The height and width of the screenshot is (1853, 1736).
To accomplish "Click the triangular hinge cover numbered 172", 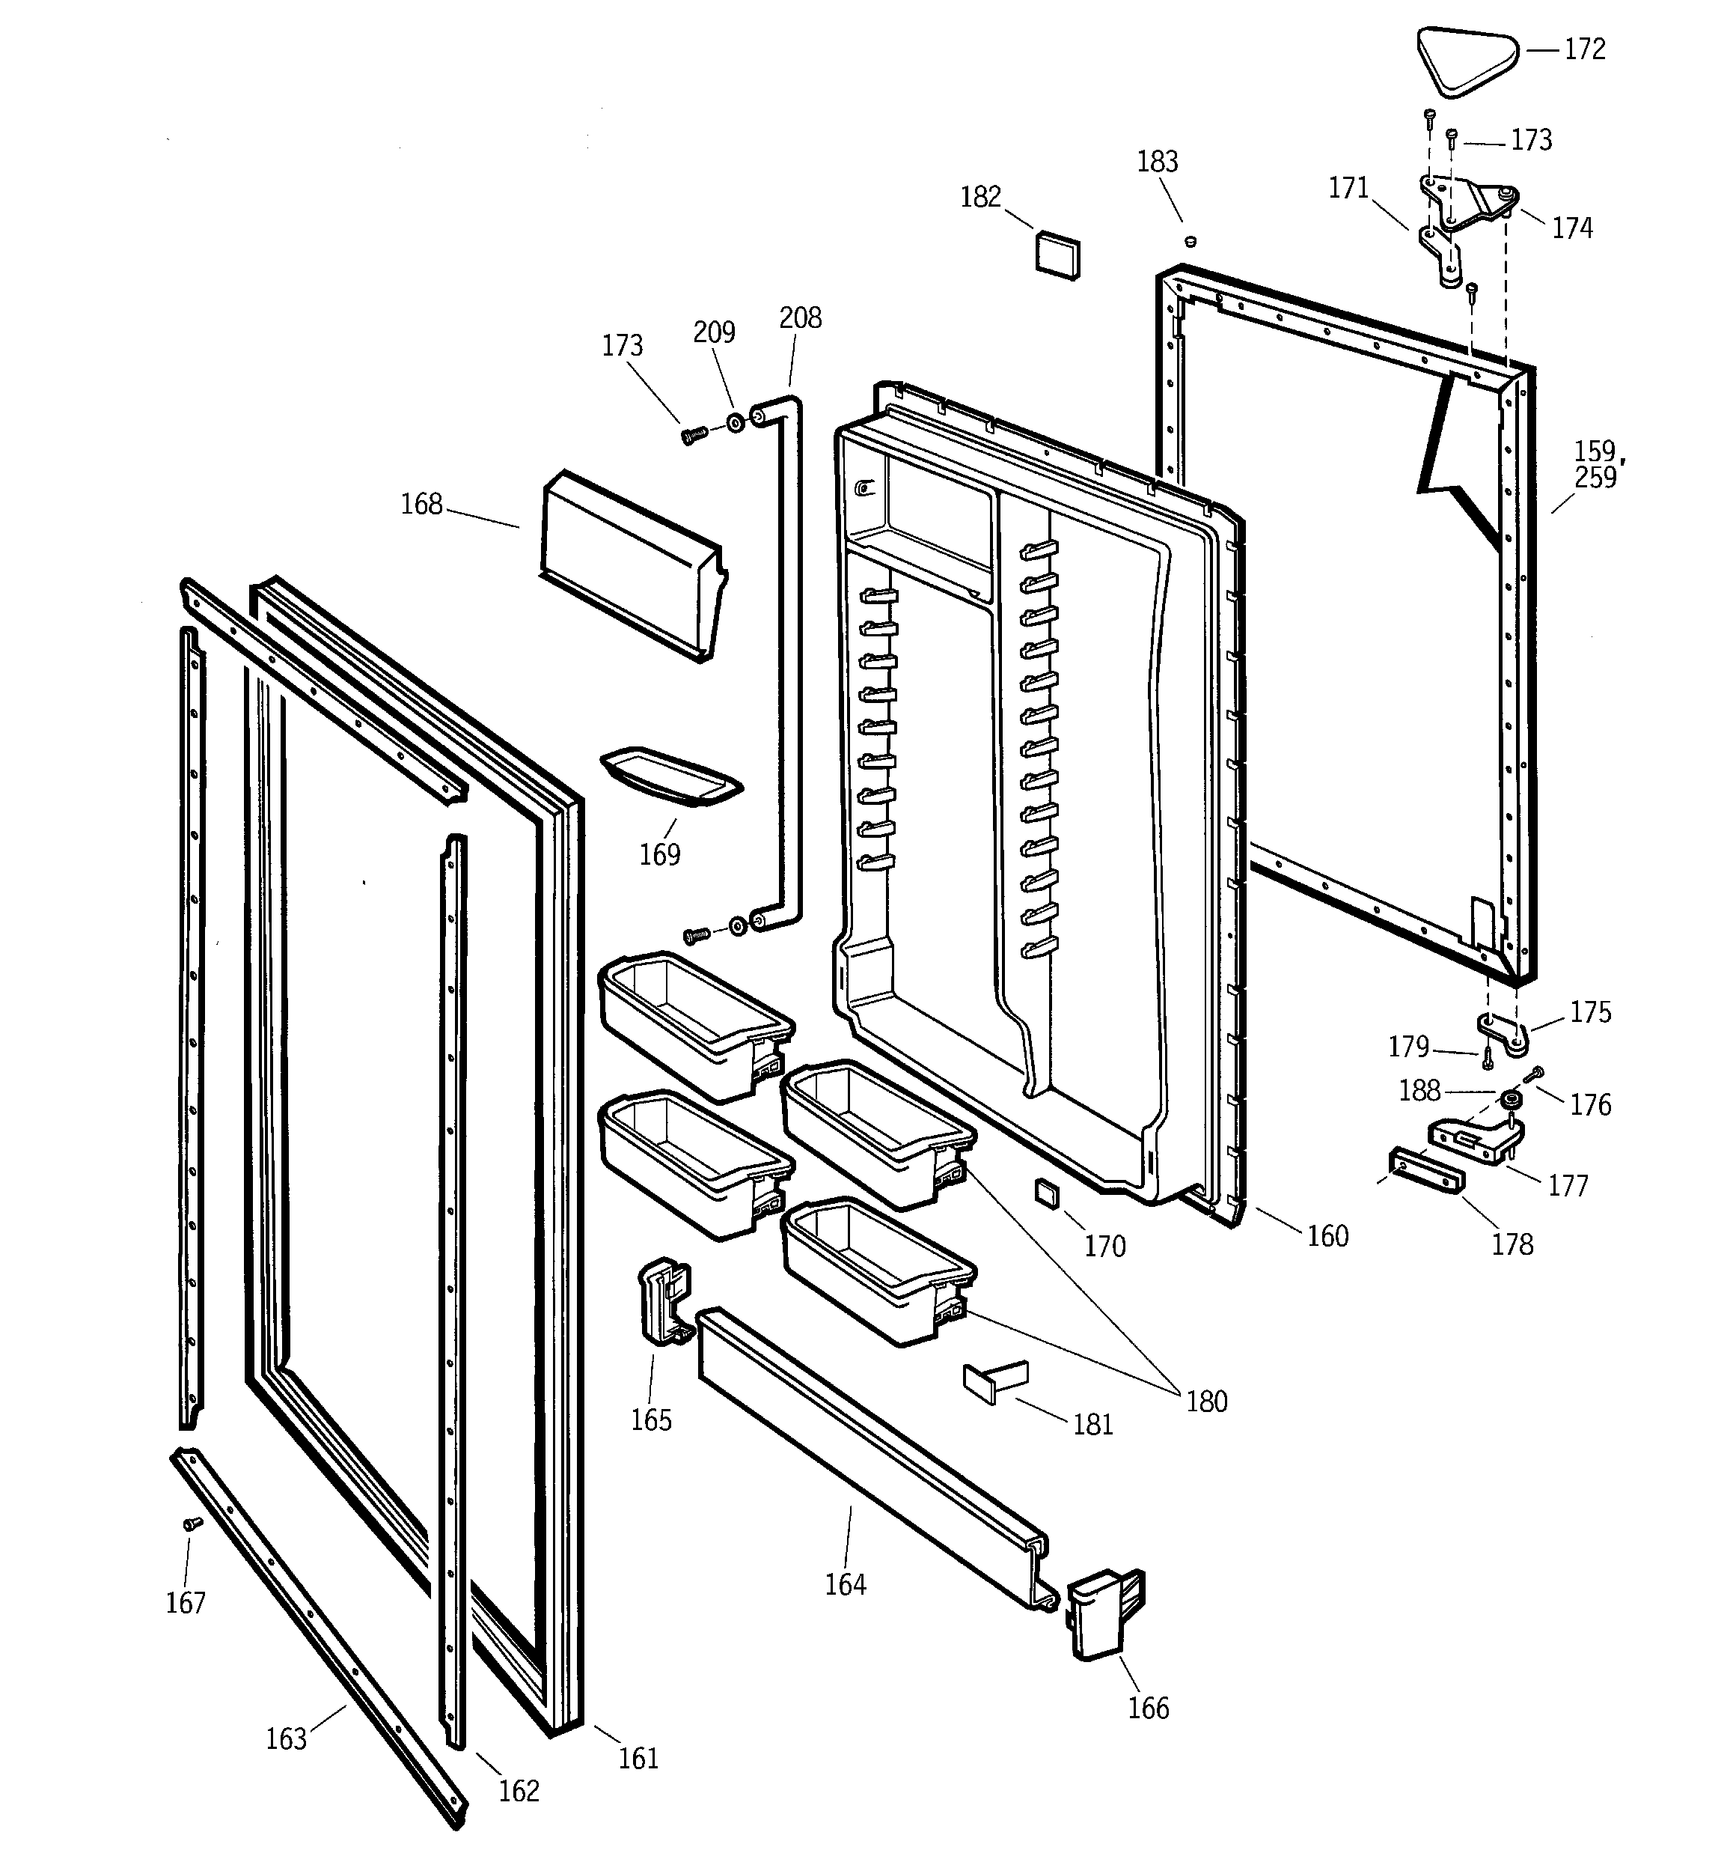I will click(1467, 61).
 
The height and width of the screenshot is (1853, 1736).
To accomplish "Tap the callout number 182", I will click(980, 198).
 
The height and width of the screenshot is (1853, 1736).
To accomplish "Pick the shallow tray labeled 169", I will click(671, 776).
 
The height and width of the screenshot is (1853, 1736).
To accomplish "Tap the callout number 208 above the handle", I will click(801, 319).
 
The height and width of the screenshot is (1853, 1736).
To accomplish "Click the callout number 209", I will click(714, 332).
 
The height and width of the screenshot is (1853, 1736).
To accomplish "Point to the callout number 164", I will click(845, 1584).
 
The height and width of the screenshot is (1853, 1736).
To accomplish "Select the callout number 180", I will click(1207, 1402).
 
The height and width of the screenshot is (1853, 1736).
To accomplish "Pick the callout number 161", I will click(638, 1759).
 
